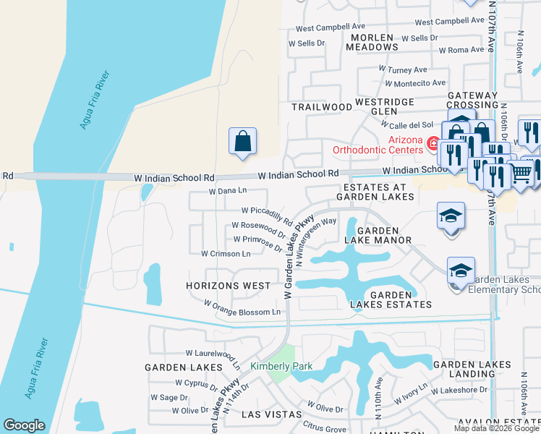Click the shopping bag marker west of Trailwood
point(243,141)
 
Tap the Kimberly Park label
point(281,366)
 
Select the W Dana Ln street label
point(228,192)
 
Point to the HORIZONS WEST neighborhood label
point(228,286)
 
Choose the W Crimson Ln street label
point(226,254)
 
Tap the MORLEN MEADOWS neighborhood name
point(372,41)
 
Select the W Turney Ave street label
point(403,69)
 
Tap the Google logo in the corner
point(24,425)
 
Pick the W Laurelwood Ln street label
point(214,354)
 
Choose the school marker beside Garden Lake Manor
point(451,216)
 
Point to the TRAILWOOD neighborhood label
point(322,106)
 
